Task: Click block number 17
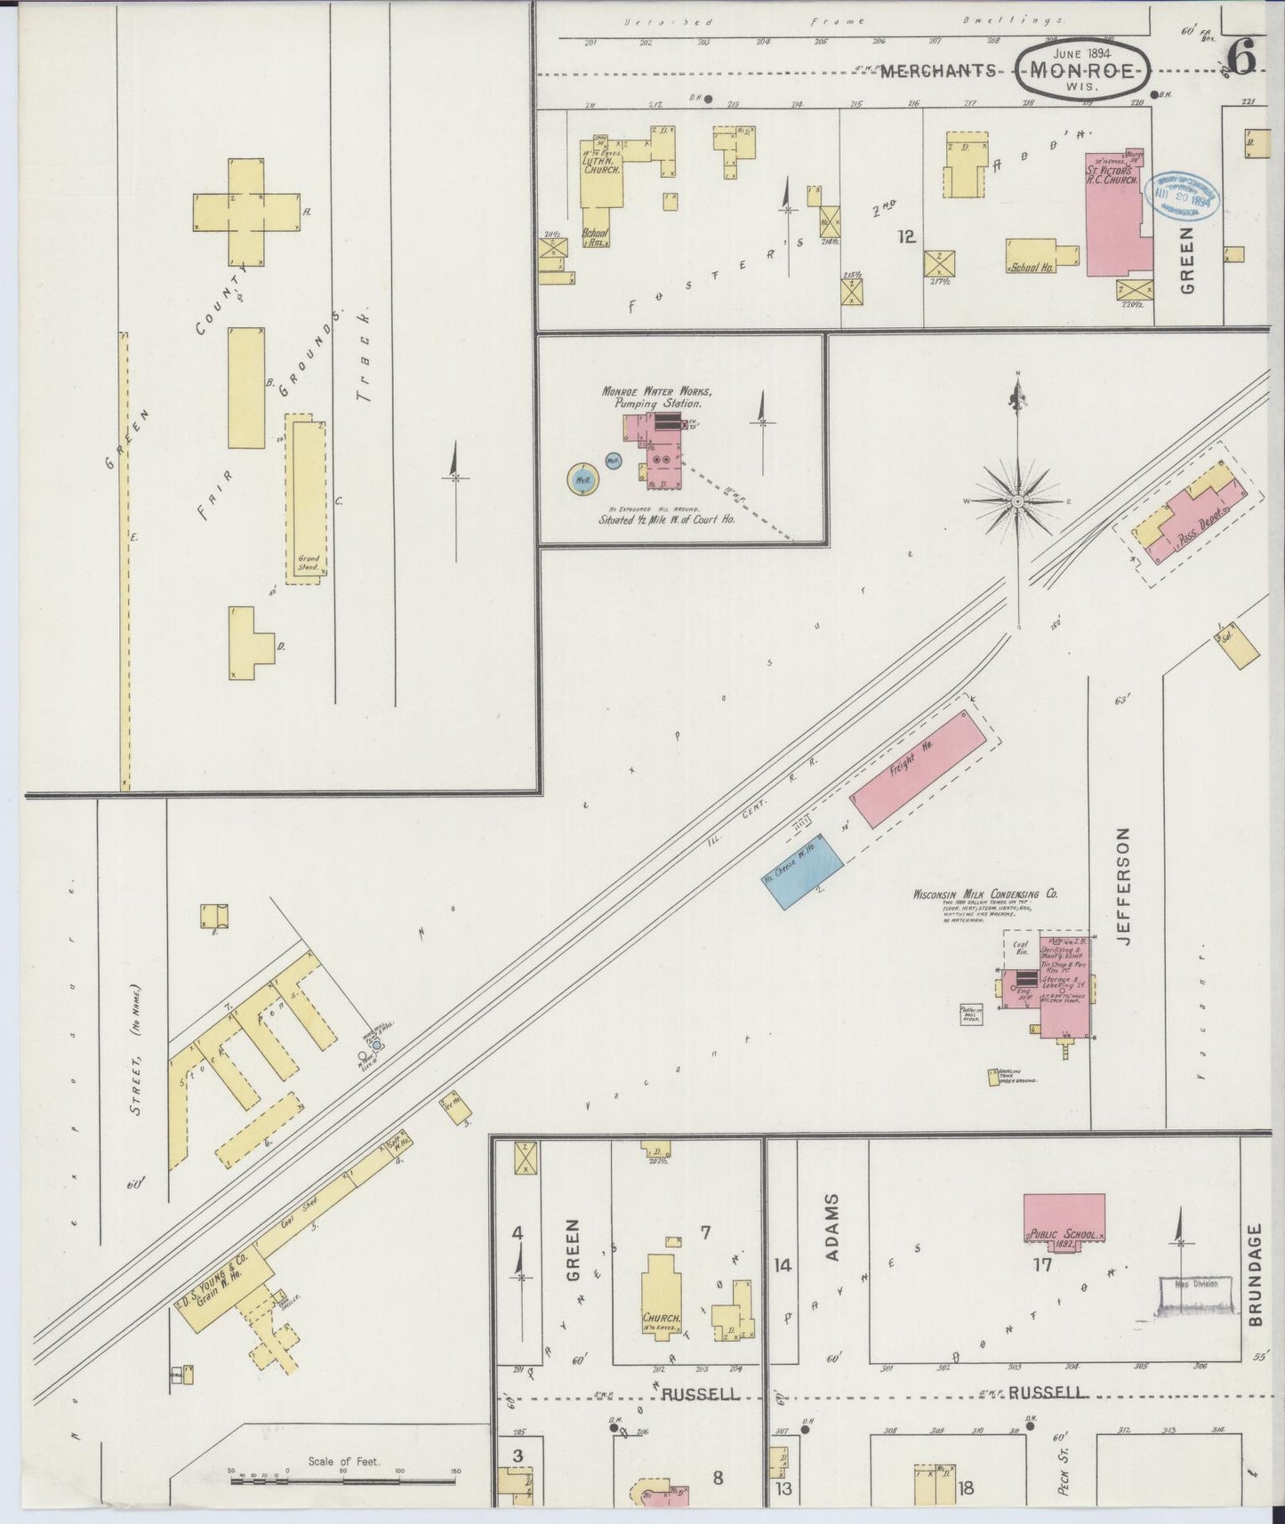pos(1042,1263)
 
